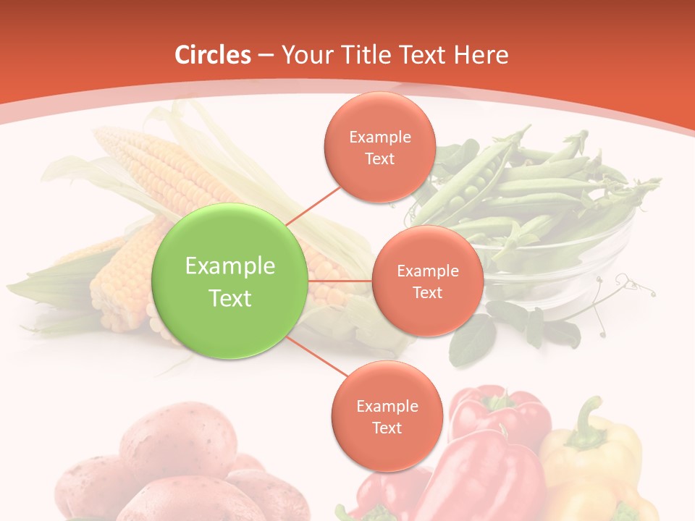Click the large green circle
[x=230, y=281]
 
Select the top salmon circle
[x=379, y=147]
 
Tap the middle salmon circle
[x=427, y=281]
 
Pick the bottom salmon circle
[x=387, y=416]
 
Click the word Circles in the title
[x=212, y=55]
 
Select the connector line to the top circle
[x=313, y=205]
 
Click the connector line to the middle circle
[x=340, y=281]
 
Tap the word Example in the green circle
[x=230, y=266]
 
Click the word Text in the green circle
[x=230, y=298]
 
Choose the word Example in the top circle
[x=379, y=137]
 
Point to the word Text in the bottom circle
[x=387, y=428]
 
